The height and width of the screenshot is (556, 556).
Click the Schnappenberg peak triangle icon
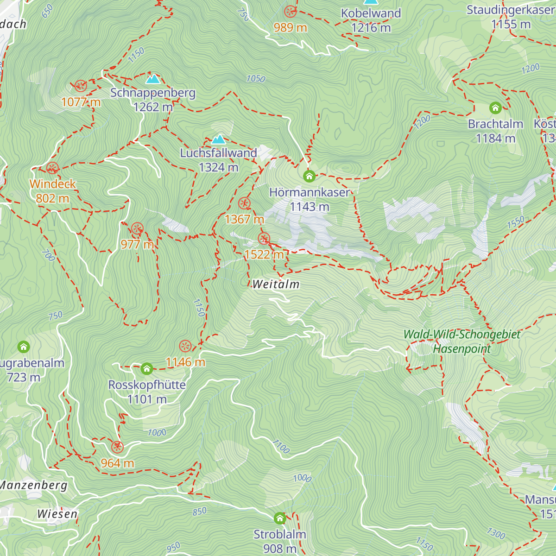point(152,78)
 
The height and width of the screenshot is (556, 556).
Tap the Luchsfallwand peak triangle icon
point(218,139)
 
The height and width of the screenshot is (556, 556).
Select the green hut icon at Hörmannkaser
point(309,176)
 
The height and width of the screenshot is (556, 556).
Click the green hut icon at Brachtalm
point(495,108)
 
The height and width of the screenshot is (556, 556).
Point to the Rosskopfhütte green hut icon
point(147,369)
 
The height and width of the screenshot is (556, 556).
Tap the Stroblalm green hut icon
point(280,518)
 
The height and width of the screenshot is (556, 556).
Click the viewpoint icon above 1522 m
point(264,239)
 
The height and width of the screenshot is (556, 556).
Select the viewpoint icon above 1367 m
point(244,203)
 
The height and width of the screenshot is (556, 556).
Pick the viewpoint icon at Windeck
point(52,168)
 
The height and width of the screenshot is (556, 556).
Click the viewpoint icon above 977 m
point(137,228)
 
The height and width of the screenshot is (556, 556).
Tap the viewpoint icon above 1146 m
point(185,346)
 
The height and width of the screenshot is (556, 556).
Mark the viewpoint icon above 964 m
point(117,447)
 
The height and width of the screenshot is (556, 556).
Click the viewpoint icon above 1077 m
point(81,86)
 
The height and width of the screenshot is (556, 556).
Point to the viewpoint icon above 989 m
point(291,12)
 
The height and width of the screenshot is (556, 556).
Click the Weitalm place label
point(276,284)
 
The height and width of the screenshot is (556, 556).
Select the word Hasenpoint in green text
point(461,348)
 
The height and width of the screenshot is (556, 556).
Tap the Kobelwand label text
point(371,13)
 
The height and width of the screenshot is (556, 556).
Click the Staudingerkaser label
point(510,10)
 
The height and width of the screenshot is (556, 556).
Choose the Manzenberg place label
point(33,485)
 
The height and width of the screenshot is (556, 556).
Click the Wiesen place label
point(57,513)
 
